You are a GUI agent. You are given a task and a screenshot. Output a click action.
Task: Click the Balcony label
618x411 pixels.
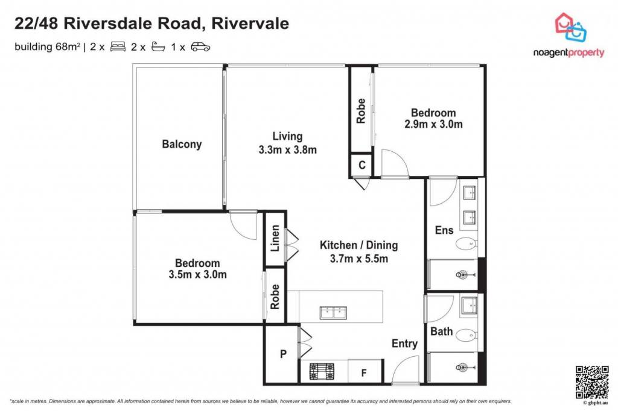(182, 144)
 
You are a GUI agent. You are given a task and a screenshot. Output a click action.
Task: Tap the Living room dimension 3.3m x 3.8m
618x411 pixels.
(288, 149)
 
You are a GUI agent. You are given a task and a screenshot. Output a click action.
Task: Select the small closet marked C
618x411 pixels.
(362, 165)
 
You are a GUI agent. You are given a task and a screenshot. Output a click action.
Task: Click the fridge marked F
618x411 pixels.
(364, 372)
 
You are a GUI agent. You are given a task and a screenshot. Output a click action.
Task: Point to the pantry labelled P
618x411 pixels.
(283, 354)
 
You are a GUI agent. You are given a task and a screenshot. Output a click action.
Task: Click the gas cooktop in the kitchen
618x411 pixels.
(322, 371)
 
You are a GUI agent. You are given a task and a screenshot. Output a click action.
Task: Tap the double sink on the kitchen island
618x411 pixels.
(333, 313)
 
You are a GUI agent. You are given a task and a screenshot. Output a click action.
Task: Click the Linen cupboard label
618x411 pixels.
(275, 239)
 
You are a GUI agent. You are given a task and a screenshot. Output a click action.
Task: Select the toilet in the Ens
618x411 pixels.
(467, 244)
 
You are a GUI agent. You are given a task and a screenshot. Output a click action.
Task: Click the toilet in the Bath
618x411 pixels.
(467, 336)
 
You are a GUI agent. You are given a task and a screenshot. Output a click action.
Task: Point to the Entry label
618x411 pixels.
(404, 344)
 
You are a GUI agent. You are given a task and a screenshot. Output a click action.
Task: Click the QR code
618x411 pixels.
(591, 382)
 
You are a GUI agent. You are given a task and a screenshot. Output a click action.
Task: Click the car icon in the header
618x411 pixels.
(200, 47)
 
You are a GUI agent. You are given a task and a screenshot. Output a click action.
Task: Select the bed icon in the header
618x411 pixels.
(118, 47)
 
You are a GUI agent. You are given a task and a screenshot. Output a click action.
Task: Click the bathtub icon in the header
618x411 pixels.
(159, 47)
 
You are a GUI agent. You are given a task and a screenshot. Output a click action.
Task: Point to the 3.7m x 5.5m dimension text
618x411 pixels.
(358, 259)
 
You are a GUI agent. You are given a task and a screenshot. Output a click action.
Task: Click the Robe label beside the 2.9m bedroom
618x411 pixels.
(361, 111)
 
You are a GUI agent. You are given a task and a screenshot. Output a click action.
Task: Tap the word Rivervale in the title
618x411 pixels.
(250, 24)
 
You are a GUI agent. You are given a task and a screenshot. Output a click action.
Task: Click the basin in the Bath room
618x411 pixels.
(469, 306)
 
